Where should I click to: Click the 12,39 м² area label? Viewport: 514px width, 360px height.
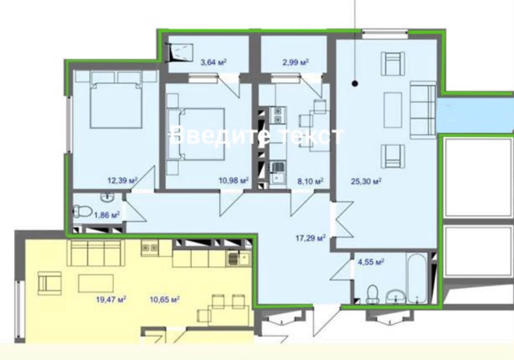click(x=122, y=180)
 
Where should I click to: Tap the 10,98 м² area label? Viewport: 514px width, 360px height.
click(x=234, y=180)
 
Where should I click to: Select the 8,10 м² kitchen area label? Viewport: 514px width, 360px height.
click(x=310, y=181)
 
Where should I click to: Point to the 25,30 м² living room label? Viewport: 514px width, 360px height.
click(x=366, y=181)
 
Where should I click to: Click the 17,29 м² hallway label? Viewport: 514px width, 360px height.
click(x=310, y=238)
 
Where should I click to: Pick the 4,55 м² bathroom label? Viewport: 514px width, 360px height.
click(x=371, y=262)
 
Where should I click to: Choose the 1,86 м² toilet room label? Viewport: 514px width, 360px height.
click(x=107, y=215)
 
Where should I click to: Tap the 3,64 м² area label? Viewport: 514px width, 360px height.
click(x=213, y=62)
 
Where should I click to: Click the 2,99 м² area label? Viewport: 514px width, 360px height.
click(x=295, y=62)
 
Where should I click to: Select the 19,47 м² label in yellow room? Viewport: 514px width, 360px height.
click(x=111, y=299)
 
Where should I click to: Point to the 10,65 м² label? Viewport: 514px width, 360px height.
click(x=165, y=299)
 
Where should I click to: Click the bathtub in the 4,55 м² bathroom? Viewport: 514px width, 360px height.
click(x=417, y=278)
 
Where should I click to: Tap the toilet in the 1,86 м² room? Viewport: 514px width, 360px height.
click(x=83, y=211)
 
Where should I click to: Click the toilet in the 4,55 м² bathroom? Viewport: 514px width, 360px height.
click(x=372, y=294)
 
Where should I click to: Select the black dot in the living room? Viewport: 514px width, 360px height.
click(x=355, y=84)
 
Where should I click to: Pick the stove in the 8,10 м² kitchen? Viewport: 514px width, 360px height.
click(x=278, y=115)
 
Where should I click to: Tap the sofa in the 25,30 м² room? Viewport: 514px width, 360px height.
click(x=423, y=110)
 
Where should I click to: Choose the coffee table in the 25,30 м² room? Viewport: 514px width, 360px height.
click(x=393, y=110)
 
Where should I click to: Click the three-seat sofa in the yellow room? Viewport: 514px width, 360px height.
click(x=96, y=253)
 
